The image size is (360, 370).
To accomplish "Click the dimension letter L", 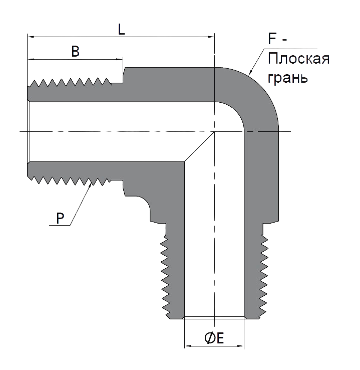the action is (x=121, y=30).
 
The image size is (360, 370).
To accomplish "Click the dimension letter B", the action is (x=76, y=52).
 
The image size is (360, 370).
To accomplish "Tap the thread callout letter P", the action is (x=60, y=218).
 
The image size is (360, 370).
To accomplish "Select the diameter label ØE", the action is (x=214, y=338).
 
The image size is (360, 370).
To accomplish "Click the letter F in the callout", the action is (x=272, y=39).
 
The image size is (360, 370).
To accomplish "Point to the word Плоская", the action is (x=298, y=59).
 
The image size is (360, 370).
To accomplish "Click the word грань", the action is (x=288, y=77).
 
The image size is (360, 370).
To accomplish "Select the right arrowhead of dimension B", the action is (x=119, y=59).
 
